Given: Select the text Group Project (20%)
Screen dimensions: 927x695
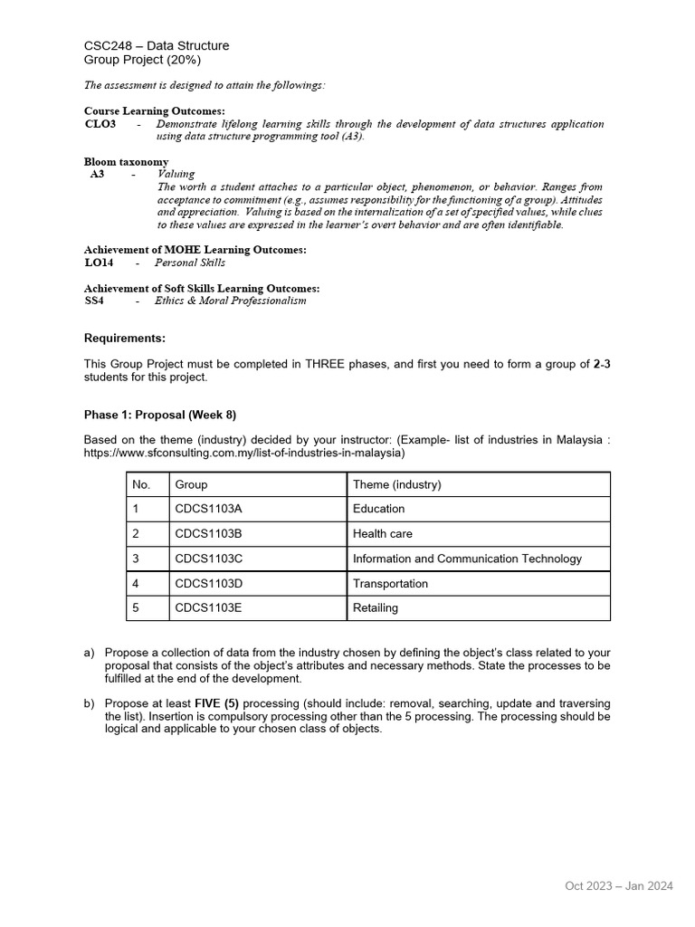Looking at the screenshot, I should [x=142, y=61].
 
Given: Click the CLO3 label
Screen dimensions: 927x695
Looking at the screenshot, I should [x=100, y=124].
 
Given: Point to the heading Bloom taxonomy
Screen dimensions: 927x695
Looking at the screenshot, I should [x=126, y=161].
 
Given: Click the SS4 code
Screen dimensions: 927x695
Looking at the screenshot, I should [x=94, y=301].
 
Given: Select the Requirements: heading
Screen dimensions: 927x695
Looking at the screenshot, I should [x=125, y=339].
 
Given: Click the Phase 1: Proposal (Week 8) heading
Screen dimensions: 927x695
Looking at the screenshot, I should [x=160, y=415].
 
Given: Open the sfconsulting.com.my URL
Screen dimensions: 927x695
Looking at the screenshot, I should [x=244, y=453].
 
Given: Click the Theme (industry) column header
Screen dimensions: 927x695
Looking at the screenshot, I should [x=397, y=484].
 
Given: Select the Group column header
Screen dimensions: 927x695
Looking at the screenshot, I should [x=191, y=484].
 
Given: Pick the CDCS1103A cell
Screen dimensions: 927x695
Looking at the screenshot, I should [x=208, y=509].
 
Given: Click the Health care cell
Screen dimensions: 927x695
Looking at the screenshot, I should [x=383, y=534].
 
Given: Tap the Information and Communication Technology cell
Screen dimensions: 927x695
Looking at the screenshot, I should [x=467, y=559].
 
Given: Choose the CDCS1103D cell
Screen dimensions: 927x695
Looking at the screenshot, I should [x=209, y=584].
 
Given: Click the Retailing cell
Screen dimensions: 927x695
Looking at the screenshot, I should [x=376, y=608].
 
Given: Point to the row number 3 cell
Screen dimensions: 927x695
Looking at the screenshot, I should [x=136, y=559].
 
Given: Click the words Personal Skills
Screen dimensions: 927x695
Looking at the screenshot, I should [x=190, y=263].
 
